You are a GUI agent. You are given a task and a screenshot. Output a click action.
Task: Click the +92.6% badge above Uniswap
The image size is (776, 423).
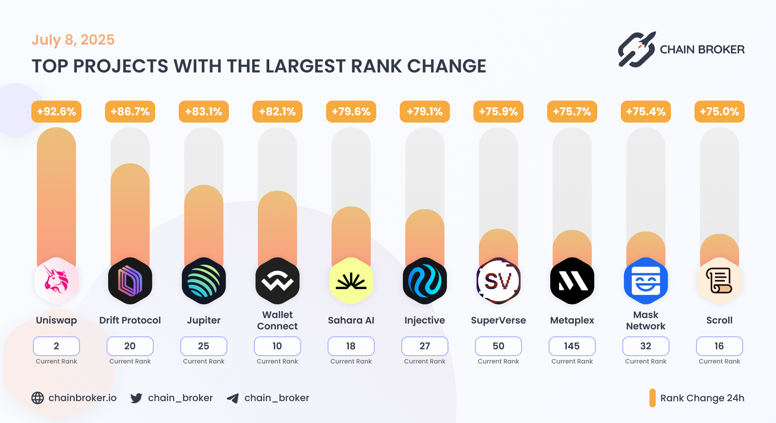56,112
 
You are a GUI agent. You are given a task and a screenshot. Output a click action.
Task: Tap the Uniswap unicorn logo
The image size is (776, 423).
56,281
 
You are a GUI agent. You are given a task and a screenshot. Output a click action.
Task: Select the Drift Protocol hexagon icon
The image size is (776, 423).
130,281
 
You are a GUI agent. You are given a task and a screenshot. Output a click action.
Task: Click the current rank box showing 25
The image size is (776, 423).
203,346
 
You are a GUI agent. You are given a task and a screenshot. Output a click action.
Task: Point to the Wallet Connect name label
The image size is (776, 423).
277,320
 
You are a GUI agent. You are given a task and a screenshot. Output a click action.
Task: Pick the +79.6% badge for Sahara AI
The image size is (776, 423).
351,112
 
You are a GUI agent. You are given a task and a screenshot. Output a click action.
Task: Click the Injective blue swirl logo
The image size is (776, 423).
425,281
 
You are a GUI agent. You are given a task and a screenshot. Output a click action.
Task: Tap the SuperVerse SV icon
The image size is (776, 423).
499,281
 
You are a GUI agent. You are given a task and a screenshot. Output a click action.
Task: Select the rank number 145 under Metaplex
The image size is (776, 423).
572,346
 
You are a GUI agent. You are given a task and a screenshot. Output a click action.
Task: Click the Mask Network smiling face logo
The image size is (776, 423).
646,281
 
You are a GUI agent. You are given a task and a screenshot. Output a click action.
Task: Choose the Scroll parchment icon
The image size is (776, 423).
720,281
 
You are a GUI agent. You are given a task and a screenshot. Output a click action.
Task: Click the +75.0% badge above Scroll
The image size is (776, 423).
720,112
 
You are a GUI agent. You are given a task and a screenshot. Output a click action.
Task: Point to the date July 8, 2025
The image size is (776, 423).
73,40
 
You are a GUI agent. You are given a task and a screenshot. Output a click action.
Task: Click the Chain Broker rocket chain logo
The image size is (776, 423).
637,50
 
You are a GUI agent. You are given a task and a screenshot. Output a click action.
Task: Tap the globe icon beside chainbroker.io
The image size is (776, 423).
38,398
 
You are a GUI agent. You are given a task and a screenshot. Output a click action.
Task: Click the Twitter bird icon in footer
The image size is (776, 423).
136,398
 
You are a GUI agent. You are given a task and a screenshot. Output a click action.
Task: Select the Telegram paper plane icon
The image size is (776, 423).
233,398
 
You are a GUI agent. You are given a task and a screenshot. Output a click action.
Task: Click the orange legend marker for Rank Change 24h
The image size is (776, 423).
652,398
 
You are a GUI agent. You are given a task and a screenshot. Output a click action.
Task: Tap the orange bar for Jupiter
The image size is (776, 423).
204,223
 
